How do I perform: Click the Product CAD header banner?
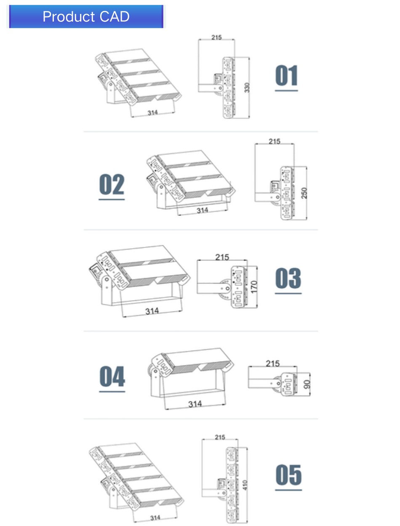(x=86, y=16)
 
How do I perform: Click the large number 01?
(x=286, y=75)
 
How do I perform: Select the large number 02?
(x=112, y=184)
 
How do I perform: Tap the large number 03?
(x=288, y=278)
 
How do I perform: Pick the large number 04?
(x=112, y=376)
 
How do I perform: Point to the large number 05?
(x=288, y=475)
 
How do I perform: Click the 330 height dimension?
(x=247, y=88)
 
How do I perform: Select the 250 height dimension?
(x=304, y=193)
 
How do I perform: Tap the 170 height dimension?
(x=253, y=287)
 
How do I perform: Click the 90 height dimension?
(x=307, y=384)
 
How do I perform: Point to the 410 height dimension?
(x=245, y=485)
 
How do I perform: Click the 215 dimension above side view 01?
(x=216, y=37)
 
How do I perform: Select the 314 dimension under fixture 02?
(x=202, y=210)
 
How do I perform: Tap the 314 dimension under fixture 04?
(x=195, y=404)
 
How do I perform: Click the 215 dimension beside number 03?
(x=222, y=257)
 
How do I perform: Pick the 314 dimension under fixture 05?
(x=155, y=518)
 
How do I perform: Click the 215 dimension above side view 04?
(x=273, y=364)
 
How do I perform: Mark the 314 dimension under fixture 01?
(x=153, y=113)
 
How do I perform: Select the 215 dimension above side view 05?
(x=220, y=437)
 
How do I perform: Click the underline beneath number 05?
(x=288, y=490)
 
